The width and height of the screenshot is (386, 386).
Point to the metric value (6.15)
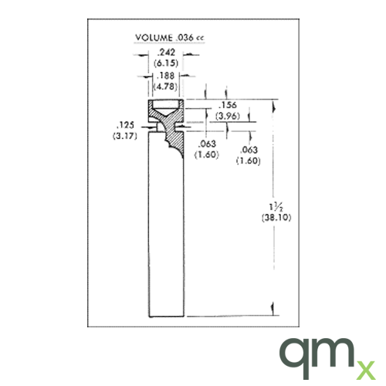pyautogui.click(x=166, y=63)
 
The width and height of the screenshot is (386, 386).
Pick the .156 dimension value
pyautogui.click(x=228, y=106)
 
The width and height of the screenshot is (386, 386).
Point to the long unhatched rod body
pyautogui.click(x=166, y=239)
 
